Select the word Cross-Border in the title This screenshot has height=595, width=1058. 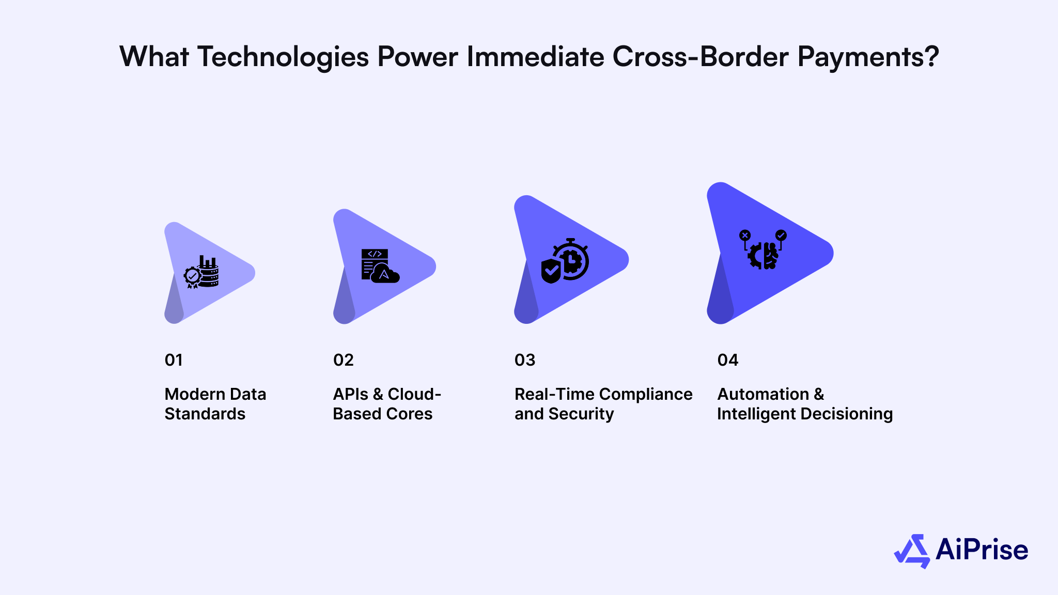click(700, 57)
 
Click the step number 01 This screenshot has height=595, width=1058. click(174, 360)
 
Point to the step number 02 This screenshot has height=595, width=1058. click(344, 360)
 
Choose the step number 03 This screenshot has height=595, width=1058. click(525, 360)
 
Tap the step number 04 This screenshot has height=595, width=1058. click(728, 360)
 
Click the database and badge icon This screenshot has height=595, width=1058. click(201, 272)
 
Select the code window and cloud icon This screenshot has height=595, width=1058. click(380, 266)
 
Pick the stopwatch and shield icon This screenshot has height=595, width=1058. click(565, 261)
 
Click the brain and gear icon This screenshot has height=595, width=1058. click(763, 250)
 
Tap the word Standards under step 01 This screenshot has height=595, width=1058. click(205, 414)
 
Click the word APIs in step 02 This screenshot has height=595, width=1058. click(350, 394)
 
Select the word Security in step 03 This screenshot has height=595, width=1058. click(581, 414)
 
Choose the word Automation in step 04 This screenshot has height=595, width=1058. click(763, 394)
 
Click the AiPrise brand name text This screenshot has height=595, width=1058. click(982, 550)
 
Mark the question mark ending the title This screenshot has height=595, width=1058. click(932, 57)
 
